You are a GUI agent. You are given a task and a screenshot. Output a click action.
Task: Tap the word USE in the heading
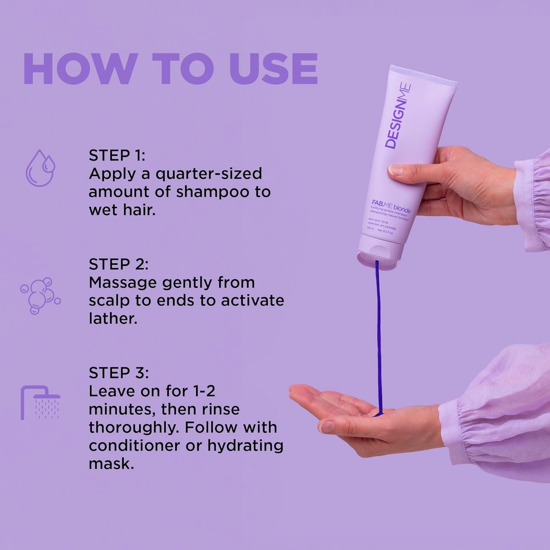tap(273, 69)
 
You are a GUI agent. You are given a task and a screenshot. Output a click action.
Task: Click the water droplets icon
tap(40, 168)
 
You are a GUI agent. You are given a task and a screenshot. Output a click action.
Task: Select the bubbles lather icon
tap(40, 296)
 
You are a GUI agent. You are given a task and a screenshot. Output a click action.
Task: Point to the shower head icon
tap(40, 402)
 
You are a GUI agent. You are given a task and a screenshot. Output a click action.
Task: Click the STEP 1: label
tap(117, 155)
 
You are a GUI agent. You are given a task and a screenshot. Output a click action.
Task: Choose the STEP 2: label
tap(118, 264)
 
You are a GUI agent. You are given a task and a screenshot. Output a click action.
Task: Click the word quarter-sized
tap(209, 173)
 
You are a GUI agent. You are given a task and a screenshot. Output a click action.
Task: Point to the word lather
tap(113, 318)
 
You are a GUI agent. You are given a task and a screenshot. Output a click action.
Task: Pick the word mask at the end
tap(111, 463)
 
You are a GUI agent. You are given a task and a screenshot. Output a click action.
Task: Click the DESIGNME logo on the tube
tap(398, 115)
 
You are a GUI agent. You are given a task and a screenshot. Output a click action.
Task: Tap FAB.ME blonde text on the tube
tap(391, 206)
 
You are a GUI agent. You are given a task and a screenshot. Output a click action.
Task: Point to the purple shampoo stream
tap(379, 330)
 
